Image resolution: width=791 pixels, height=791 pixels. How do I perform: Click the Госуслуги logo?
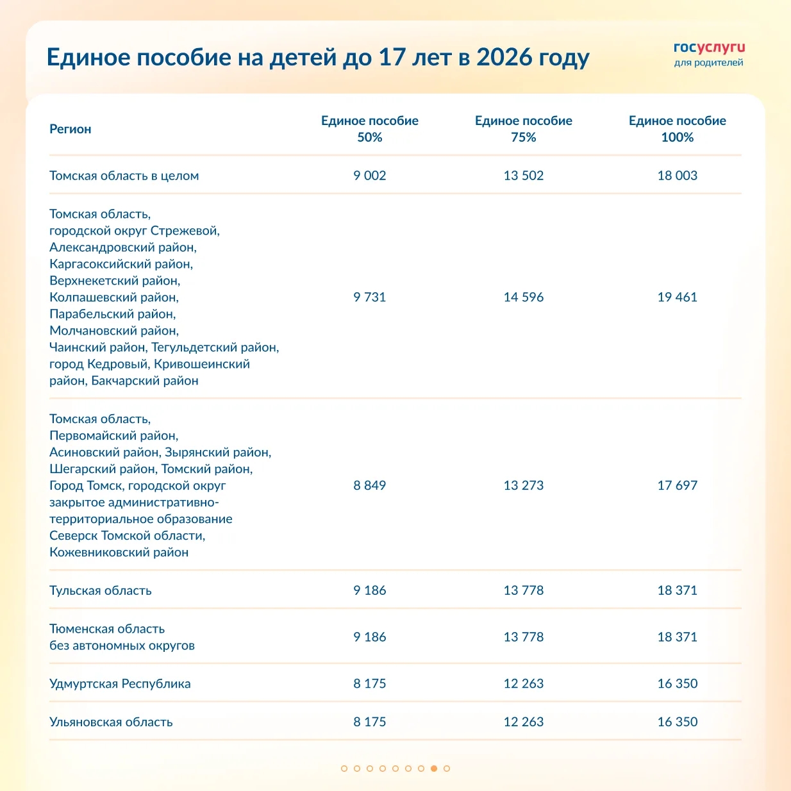709,48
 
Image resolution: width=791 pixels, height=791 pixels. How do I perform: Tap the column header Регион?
71,129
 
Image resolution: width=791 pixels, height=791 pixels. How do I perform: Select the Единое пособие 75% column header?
523,129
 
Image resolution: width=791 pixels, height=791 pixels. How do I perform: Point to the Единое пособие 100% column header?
677,129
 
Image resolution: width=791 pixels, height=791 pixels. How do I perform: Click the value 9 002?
370,176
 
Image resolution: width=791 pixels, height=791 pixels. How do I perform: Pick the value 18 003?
677,176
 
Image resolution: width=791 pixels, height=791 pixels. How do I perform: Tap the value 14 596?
523,297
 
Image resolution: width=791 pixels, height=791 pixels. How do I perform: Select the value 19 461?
677,297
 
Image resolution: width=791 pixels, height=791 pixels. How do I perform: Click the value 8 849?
370,485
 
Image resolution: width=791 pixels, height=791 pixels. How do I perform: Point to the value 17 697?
677,485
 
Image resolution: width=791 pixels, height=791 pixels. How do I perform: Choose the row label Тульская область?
101,590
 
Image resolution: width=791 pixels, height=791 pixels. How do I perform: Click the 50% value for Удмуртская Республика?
370,683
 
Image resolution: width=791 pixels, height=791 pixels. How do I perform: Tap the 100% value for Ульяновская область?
677,722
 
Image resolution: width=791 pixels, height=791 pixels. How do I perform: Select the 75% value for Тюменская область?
523,637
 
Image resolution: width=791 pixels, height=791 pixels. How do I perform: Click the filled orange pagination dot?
434,768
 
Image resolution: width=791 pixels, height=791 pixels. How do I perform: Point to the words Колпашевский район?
114,297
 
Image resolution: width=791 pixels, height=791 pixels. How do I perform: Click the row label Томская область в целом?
124,176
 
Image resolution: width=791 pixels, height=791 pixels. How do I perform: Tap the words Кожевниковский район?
119,553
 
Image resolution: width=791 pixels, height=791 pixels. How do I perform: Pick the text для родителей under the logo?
708,63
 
